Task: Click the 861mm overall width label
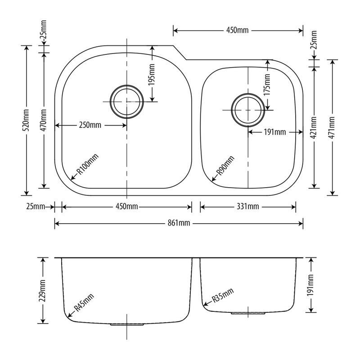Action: click(179, 223)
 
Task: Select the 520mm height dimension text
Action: click(27, 120)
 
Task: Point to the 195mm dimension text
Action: click(152, 75)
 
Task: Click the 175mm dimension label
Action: click(267, 85)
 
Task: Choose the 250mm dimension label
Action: click(90, 125)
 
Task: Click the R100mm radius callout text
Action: click(87, 164)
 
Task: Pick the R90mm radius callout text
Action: click(226, 166)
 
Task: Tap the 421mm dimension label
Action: click(314, 128)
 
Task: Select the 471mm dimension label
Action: click(332, 128)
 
